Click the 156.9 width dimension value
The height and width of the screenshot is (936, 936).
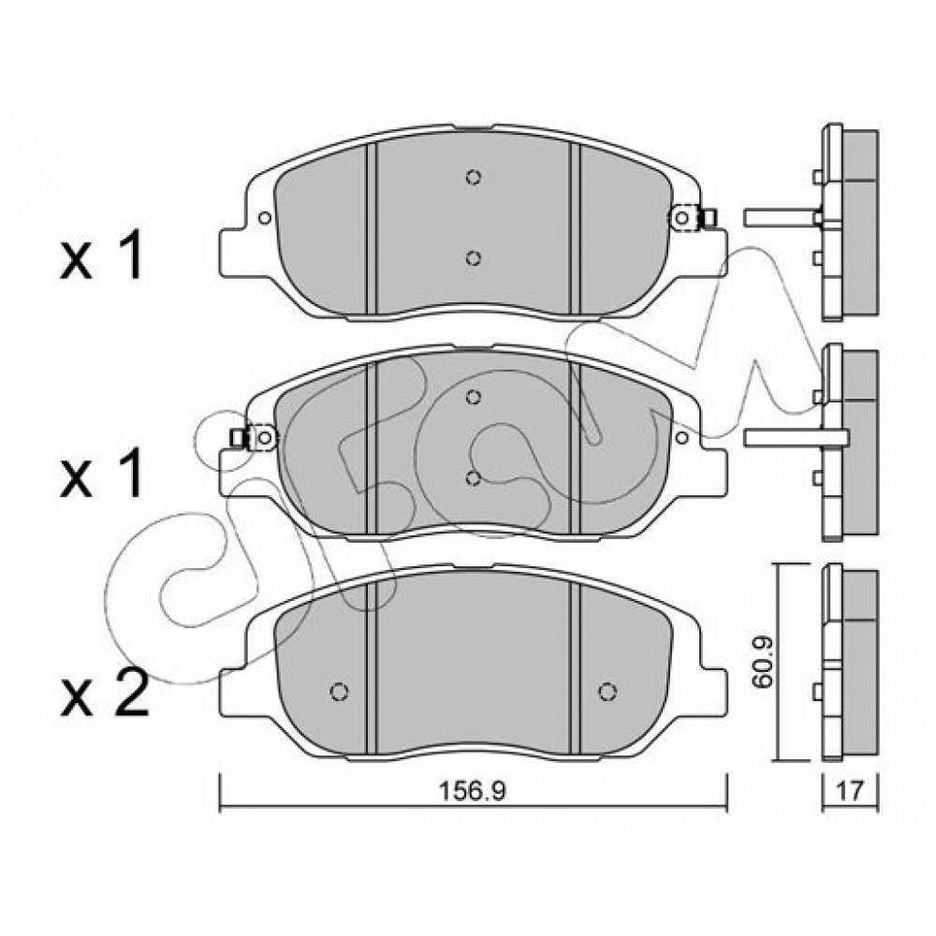[x=472, y=791]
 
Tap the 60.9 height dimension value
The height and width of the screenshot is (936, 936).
[x=762, y=663]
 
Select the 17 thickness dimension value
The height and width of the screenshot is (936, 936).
[x=850, y=792]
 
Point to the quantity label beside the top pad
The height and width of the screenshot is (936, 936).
[x=101, y=256]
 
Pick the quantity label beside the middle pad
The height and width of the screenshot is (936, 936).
[x=101, y=474]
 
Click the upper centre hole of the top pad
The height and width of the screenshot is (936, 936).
[x=474, y=177]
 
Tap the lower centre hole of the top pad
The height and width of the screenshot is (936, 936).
[x=474, y=258]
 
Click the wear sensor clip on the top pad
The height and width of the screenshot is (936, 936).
[x=693, y=218]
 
